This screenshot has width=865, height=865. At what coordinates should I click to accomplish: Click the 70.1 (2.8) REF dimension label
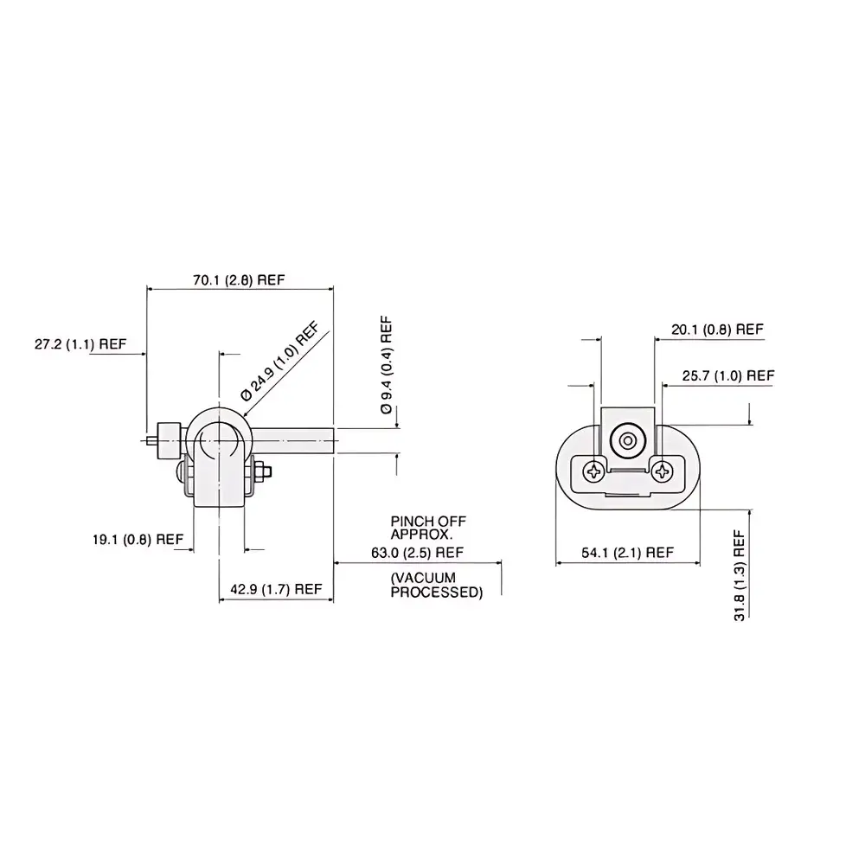[238, 279]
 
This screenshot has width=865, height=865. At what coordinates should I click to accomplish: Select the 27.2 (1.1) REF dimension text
[80, 343]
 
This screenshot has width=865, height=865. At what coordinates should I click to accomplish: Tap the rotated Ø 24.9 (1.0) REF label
[280, 360]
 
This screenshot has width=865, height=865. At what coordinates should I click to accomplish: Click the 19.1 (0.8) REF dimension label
[138, 538]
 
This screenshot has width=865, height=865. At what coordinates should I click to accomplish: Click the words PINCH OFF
[428, 522]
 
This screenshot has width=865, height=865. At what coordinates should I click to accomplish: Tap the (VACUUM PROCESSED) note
[436, 585]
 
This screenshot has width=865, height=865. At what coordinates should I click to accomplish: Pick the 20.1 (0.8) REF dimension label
[717, 330]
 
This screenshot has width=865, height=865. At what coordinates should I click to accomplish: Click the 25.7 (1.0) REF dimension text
[727, 375]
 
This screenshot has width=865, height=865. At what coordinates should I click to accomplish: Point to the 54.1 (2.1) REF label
[628, 552]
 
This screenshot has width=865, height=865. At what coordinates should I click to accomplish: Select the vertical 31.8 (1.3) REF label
[740, 576]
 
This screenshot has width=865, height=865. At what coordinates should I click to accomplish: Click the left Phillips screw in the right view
[593, 471]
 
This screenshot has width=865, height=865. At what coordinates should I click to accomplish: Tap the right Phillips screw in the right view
[663, 471]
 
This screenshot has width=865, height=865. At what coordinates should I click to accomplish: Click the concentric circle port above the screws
[626, 442]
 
